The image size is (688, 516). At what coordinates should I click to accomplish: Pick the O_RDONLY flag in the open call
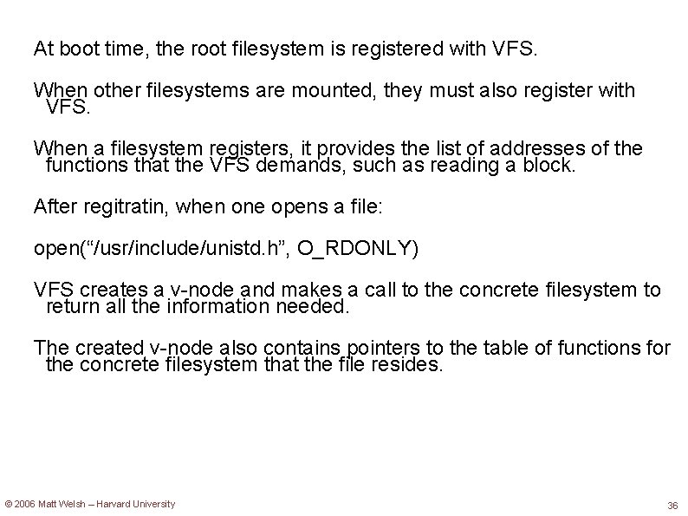357,249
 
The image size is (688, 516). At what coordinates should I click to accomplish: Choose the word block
547,166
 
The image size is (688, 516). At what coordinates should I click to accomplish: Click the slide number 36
672,506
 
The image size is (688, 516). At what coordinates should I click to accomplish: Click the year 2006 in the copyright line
24,504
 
